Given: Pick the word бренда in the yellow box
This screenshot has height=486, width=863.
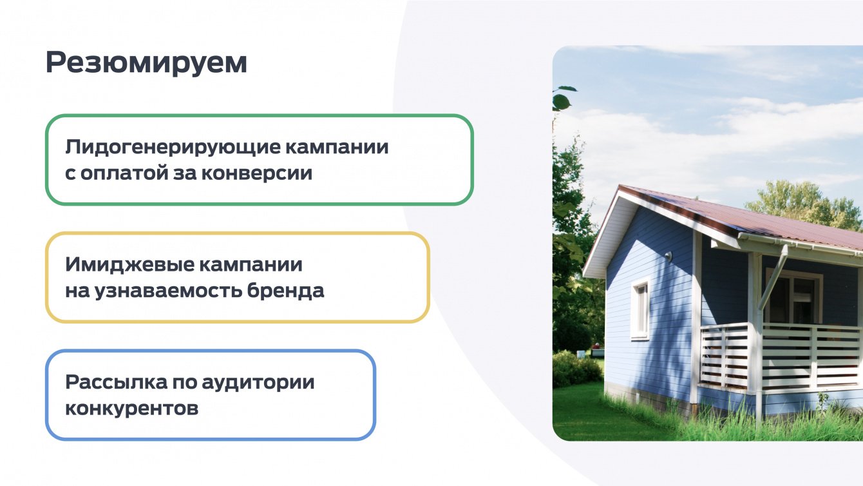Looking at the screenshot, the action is coord(285,291).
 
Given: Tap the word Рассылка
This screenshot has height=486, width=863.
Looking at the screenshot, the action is coord(117,382).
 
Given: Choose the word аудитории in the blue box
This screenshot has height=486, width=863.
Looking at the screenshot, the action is coord(258,384).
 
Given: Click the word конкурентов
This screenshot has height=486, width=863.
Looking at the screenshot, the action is coord(132,409).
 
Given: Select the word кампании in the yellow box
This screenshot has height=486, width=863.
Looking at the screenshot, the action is coord(251,265).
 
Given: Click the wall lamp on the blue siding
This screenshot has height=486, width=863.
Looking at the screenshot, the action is coord(668,255).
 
